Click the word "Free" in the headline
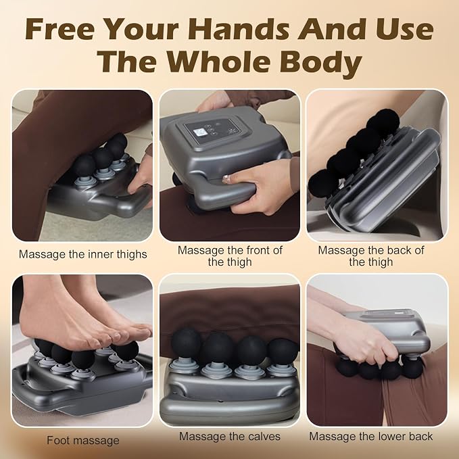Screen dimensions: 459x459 click(59, 29)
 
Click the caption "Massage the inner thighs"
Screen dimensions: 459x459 click(83, 254)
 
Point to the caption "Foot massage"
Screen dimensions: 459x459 click(83, 440)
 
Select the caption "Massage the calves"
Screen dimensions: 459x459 click(230, 436)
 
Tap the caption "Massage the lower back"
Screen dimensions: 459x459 click(371, 436)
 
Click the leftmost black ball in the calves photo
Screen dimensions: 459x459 click(186, 343)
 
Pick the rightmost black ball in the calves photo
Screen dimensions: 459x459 click(283, 352)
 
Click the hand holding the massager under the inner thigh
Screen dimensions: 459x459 click(140, 178)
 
